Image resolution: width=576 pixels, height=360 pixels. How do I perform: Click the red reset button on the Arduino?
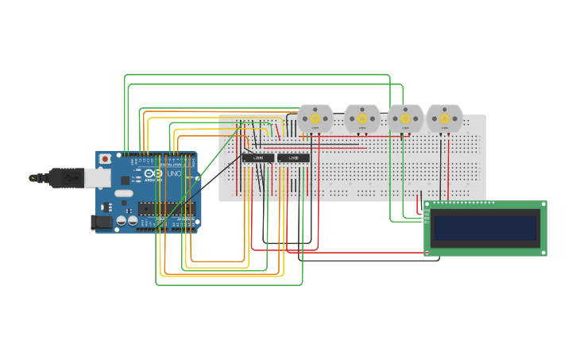click(104, 159)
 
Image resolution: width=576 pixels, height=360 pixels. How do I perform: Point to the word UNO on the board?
click(174, 173)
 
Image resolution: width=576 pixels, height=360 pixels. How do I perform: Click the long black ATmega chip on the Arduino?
click(166, 208)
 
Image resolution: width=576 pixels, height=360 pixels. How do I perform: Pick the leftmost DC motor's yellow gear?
click(315, 119)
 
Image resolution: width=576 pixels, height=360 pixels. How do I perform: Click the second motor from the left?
click(362, 119)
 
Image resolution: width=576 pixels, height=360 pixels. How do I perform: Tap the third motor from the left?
click(405, 119)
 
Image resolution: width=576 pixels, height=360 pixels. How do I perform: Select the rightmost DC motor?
click(444, 119)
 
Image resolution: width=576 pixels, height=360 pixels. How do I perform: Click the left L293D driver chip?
click(258, 157)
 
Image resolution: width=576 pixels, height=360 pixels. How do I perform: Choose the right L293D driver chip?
click(293, 157)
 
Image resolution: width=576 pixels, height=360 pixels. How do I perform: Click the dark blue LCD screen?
click(485, 228)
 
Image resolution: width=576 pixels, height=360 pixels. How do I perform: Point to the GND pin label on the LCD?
click(427, 211)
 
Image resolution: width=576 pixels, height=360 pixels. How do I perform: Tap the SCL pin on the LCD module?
click(427, 223)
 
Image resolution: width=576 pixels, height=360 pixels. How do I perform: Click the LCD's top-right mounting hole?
click(543, 205)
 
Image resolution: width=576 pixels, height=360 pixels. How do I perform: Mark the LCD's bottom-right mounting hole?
click(543, 253)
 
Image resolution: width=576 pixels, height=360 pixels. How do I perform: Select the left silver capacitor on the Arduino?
click(122, 220)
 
